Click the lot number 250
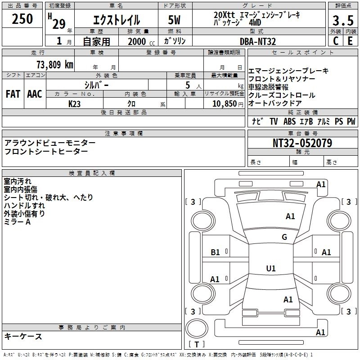tap(22, 19)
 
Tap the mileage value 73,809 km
tap(55, 64)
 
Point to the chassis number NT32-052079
tap(302, 144)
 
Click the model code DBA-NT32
tap(258, 41)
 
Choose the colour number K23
tap(75, 103)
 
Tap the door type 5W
tap(175, 20)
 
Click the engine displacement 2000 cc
tap(137, 41)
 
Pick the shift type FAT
tap(13, 94)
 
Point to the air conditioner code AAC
tap(34, 94)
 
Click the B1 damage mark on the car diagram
tap(215, 252)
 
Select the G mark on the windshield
tap(284, 237)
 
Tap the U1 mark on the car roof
tap(270, 268)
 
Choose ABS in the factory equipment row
tap(289, 121)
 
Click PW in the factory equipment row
tap(351, 121)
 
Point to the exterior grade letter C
tap(335, 41)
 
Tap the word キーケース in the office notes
tap(23, 337)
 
